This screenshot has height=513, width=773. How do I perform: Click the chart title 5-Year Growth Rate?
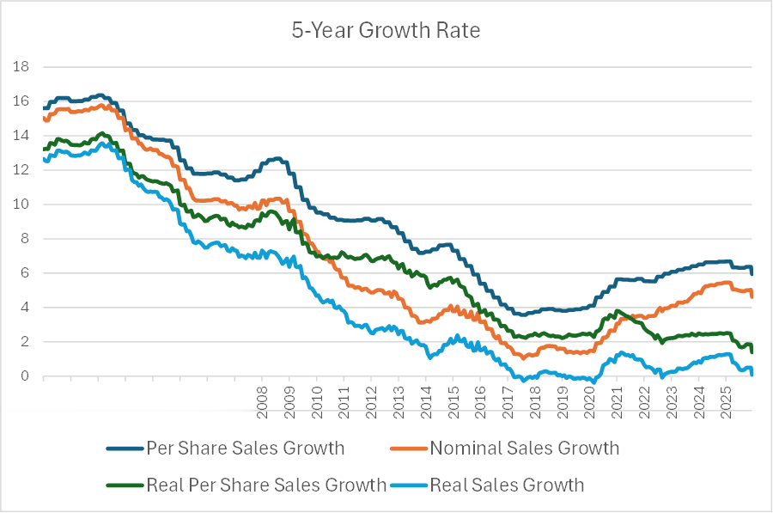(x=386, y=31)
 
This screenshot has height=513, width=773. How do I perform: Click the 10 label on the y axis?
(x=21, y=205)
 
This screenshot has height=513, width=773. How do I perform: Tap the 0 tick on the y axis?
(x=26, y=376)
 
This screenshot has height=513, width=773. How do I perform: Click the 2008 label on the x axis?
(x=262, y=401)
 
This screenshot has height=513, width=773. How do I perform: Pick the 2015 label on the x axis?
(x=453, y=401)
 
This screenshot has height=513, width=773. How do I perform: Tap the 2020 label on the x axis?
(x=589, y=401)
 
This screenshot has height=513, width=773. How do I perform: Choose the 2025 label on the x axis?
(x=726, y=401)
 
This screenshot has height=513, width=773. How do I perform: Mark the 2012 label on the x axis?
(x=371, y=401)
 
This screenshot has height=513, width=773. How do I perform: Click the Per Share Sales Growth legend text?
(x=245, y=448)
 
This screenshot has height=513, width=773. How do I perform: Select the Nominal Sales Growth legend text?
(x=524, y=448)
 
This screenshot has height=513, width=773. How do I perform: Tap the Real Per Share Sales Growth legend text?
(x=266, y=485)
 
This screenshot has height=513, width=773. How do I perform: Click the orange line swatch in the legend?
(x=408, y=449)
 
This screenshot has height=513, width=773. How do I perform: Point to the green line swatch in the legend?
(x=125, y=486)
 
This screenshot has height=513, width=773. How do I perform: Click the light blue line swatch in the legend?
(x=408, y=486)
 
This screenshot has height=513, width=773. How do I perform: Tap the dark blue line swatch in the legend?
(x=125, y=449)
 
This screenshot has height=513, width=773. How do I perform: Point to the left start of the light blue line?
(x=42, y=157)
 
